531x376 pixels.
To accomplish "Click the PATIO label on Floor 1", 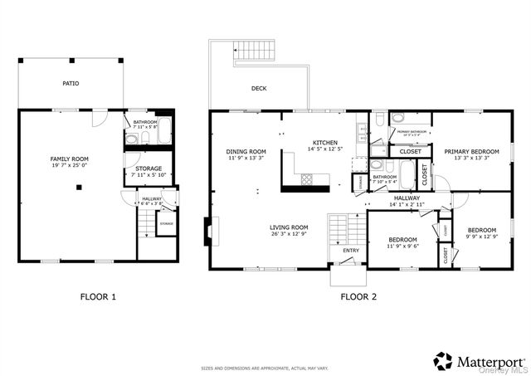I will point(71,84).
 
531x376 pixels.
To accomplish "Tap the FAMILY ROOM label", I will point(70,159).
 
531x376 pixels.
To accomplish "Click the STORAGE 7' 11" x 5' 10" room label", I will point(149,171).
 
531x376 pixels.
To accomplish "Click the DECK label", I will point(258,88).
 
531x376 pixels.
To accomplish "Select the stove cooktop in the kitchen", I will point(306,178).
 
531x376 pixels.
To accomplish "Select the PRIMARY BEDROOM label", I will point(470,152).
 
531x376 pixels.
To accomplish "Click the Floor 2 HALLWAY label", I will point(407,198).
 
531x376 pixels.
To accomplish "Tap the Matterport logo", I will point(478,361).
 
